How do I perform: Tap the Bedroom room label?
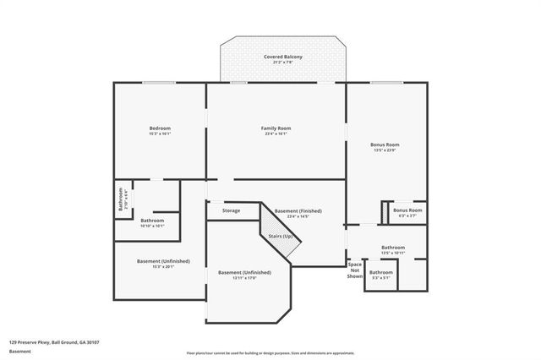point(160,128)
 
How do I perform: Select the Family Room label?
point(276,128)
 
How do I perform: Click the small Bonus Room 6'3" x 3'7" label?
point(407,211)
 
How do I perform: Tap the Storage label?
point(231,210)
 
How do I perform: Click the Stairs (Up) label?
point(281,236)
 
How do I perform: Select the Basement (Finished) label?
point(298,210)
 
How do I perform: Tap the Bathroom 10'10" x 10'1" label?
point(152,223)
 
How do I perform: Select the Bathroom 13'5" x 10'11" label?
point(393,249)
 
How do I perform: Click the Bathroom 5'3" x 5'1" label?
point(380,274)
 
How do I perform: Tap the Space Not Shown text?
point(355,270)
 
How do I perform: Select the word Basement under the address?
point(21,351)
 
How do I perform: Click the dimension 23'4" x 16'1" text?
point(276,134)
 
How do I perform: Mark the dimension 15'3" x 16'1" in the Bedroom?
point(160,134)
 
